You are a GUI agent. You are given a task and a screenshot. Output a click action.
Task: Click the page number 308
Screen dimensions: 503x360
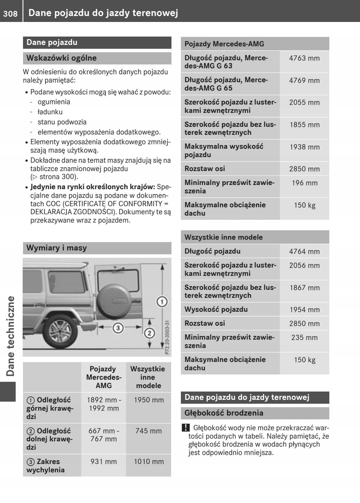pos(10,14)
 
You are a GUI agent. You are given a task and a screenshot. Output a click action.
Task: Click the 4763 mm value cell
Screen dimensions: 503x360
pos(304,58)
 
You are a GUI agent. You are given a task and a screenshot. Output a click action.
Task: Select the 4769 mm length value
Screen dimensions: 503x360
pos(304,80)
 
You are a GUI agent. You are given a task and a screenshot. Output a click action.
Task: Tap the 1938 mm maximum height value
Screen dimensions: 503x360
pos(304,147)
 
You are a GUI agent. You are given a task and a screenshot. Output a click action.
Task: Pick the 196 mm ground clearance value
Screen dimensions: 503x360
pos(304,183)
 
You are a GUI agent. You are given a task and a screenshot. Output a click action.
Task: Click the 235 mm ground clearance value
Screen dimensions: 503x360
pos(304,338)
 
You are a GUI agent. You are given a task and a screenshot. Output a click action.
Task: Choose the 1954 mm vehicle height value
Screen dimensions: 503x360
pos(304,310)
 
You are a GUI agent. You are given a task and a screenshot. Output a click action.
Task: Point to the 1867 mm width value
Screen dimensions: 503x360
pos(304,288)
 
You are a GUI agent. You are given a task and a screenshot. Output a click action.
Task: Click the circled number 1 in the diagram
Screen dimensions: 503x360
pos(162,301)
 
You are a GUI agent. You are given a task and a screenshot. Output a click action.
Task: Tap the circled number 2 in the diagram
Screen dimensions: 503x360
pos(150,333)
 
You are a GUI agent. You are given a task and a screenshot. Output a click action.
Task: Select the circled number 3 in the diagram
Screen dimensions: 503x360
pos(118,327)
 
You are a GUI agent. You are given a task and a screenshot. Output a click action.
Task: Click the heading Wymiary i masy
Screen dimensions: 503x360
pos(56,248)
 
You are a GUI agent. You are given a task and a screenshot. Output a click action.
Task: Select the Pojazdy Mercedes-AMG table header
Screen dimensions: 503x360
pos(224,44)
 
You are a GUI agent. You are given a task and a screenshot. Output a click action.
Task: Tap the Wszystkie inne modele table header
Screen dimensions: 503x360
pos(223,237)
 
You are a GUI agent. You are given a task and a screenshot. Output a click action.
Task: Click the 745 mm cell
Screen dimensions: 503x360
pos(148,431)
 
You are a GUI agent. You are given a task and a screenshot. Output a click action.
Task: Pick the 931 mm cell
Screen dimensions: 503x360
pos(104,462)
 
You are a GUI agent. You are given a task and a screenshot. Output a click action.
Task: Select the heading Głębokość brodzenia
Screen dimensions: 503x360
pos(224,413)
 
